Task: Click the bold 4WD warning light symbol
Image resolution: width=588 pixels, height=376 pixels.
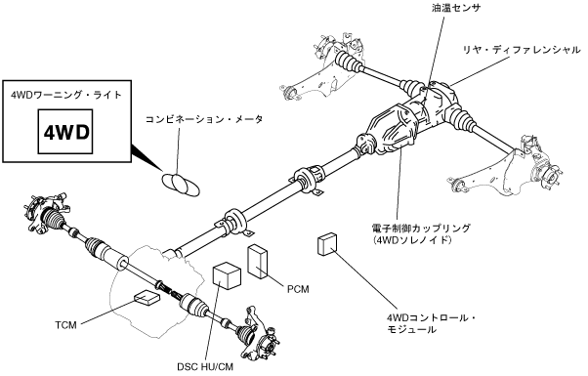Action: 66,132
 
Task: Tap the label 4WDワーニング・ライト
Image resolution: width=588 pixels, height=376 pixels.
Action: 66,95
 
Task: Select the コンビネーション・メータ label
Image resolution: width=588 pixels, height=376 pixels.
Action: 204,119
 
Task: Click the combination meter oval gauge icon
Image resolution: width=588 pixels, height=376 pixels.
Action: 181,184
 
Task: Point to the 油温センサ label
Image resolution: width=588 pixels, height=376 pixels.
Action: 455,8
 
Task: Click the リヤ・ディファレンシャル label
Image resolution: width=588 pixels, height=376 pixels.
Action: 522,50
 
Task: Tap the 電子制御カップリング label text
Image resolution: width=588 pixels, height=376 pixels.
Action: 420,228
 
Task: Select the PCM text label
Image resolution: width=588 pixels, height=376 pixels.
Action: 298,289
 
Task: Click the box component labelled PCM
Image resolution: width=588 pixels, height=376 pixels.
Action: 257,262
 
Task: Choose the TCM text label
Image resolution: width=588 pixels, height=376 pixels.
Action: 66,325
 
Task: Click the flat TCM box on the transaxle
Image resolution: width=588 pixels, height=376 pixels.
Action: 147,297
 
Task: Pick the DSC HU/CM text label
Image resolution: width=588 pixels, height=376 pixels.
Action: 205,366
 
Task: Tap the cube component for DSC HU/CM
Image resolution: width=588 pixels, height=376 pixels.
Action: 227,275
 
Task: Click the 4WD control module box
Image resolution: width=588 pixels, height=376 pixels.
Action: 327,244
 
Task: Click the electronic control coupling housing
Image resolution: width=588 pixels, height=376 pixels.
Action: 398,126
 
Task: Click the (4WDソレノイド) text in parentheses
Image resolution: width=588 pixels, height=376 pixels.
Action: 411,239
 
